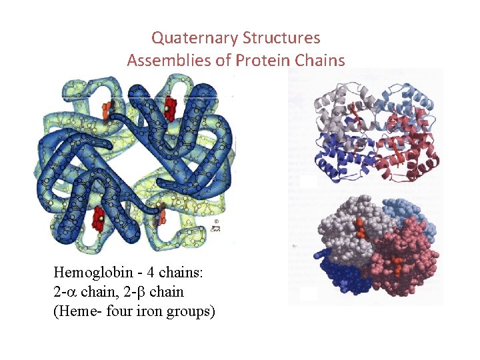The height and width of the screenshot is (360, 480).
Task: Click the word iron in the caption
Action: (x=157, y=311)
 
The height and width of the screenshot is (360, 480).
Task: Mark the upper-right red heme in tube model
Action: (x=171, y=105)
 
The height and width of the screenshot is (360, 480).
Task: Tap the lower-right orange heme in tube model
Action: (x=161, y=215)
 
